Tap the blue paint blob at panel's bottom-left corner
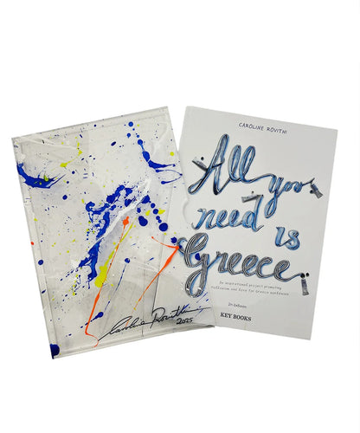pyautogui.click(x=53, y=349)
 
